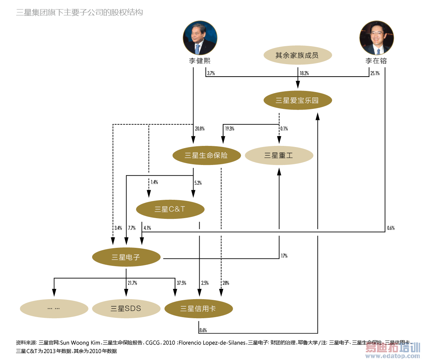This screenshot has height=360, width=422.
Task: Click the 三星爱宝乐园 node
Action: click(298, 100)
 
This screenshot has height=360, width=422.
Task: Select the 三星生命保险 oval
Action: click(206, 155)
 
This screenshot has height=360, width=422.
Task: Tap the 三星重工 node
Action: click(279, 155)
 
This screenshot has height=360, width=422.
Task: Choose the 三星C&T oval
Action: click(170, 209)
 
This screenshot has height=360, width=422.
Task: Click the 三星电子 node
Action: click(126, 257)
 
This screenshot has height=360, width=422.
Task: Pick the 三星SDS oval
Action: click(126, 308)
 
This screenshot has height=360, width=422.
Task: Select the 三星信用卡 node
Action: click(198, 308)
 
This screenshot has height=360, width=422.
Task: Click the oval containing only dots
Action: click(54, 308)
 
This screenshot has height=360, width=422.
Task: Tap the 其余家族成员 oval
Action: click(298, 56)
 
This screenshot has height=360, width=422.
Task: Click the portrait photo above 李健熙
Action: click(200, 38)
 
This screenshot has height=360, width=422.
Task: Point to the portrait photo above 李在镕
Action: click(376, 38)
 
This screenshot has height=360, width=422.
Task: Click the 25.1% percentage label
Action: click(375, 73)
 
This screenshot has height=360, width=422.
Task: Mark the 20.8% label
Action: click(200, 129)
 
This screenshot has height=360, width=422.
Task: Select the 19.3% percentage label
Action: click(230, 129)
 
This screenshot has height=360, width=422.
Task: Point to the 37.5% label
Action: click(181, 283)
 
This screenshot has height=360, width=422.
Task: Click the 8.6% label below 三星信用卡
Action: click(203, 330)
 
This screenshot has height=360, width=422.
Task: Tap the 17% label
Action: click(284, 256)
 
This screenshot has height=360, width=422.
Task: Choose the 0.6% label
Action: click(390, 228)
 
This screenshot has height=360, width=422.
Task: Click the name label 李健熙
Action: click(200, 61)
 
